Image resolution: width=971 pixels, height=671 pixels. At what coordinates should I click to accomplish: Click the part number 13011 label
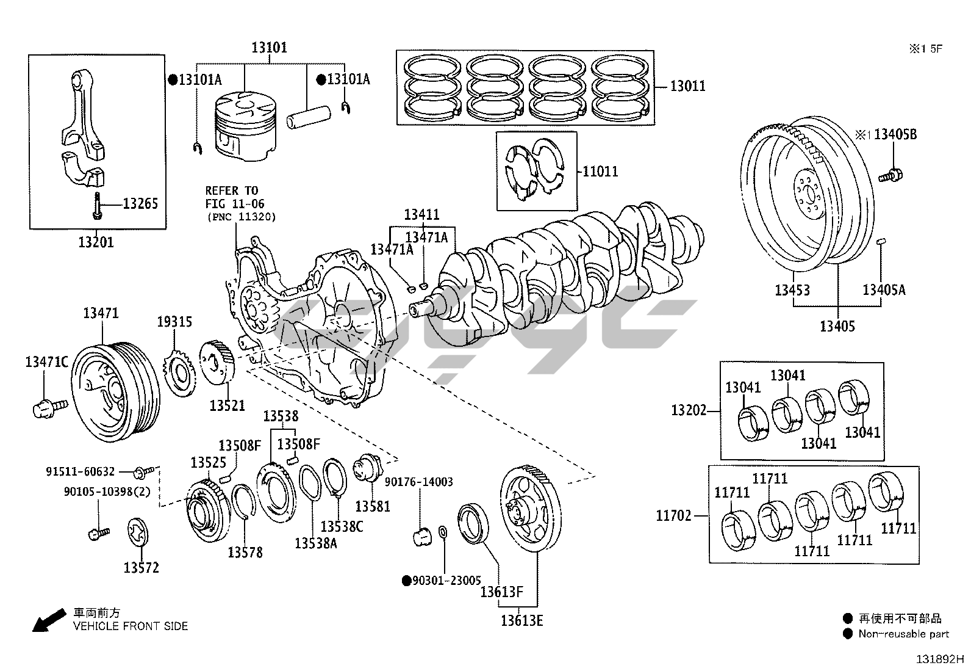[687, 86]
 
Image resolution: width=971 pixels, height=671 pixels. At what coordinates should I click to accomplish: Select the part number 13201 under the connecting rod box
[96, 242]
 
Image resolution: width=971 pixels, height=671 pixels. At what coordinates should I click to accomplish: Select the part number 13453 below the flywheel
[792, 290]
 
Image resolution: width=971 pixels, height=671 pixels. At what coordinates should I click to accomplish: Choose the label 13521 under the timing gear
[228, 405]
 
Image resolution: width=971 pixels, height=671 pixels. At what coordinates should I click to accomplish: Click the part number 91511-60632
[80, 471]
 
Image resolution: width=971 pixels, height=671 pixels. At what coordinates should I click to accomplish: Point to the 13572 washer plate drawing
[138, 532]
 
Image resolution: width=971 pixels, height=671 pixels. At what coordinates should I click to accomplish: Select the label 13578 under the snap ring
[245, 553]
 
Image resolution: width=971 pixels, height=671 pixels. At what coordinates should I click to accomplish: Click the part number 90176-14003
[418, 482]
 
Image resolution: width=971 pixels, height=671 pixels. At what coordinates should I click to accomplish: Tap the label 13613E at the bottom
[521, 621]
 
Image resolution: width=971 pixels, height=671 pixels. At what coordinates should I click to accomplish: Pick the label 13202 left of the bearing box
[688, 410]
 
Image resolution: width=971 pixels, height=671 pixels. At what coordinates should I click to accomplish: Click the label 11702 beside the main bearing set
[674, 516]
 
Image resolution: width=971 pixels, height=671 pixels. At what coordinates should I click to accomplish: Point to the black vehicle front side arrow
[48, 620]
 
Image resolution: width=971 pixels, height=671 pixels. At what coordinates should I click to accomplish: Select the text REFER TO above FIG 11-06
[231, 190]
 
